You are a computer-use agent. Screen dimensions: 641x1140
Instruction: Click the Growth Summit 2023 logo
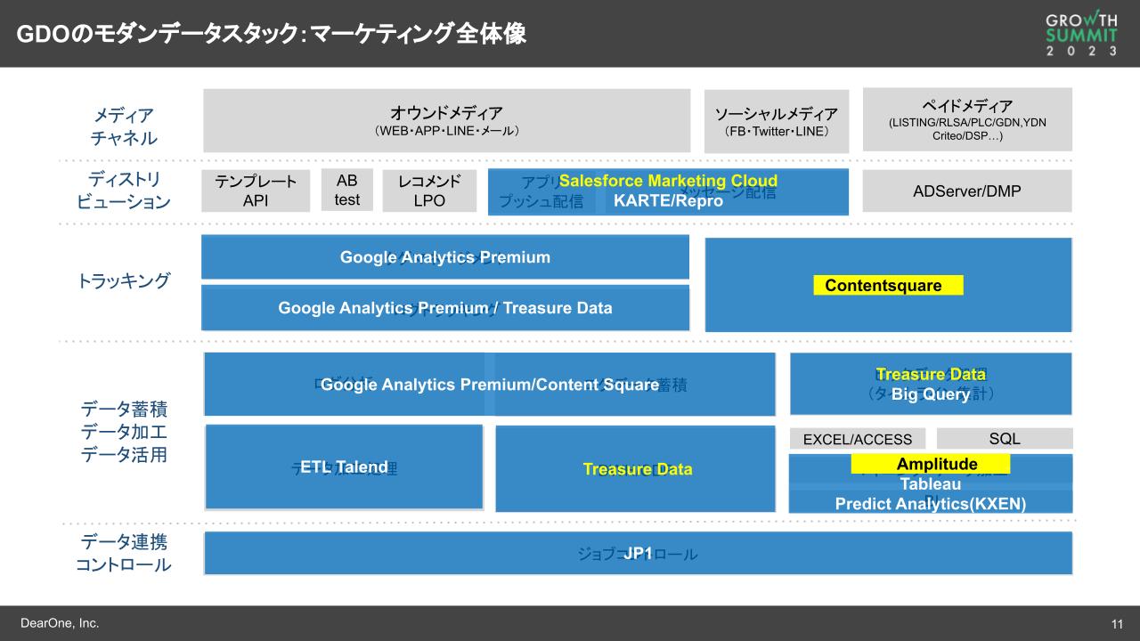(1081, 34)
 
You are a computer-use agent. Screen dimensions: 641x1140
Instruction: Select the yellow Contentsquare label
(888, 286)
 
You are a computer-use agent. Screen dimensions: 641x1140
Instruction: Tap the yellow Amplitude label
(931, 464)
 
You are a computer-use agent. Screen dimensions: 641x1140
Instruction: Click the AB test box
(347, 191)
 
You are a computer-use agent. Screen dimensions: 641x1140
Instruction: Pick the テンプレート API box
(256, 191)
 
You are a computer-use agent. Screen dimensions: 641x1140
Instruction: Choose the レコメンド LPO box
(429, 191)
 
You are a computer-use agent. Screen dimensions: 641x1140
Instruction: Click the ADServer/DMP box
(967, 191)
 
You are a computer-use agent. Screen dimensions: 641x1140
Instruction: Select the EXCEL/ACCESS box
(857, 439)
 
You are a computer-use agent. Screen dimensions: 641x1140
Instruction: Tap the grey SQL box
(1005, 438)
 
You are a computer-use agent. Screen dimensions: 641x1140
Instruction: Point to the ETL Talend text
(344, 467)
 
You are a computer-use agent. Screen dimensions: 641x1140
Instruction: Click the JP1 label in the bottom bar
(638, 554)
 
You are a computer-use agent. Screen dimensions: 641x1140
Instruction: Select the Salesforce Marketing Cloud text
(668, 181)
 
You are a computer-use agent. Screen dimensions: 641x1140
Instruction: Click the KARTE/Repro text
(668, 201)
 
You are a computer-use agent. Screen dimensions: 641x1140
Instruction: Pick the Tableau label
(930, 484)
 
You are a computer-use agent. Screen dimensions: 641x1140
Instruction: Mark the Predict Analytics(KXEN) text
(930, 504)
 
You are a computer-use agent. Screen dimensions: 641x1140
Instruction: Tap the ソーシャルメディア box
(777, 121)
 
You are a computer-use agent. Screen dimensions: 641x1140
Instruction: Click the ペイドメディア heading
(967, 106)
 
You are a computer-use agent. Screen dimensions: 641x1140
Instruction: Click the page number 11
(1116, 623)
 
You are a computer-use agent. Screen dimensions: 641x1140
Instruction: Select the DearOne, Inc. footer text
(60, 623)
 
